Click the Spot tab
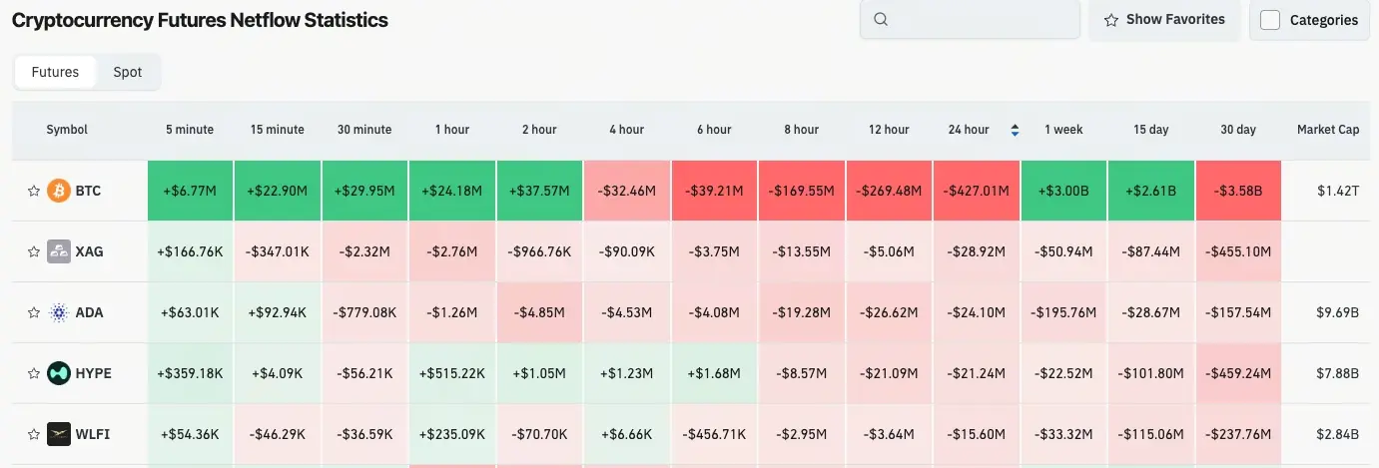click(x=128, y=72)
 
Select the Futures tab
click(x=55, y=72)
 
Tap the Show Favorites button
click(x=1164, y=19)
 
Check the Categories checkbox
click(x=1270, y=20)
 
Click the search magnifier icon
click(x=881, y=19)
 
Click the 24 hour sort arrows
click(x=1016, y=130)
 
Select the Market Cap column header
click(x=1327, y=130)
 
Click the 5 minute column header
click(x=190, y=130)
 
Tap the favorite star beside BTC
click(x=33, y=191)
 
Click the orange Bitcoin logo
click(x=59, y=191)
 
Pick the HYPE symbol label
click(x=93, y=373)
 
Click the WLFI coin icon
click(x=59, y=434)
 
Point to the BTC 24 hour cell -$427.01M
click(x=977, y=191)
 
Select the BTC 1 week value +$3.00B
click(x=1063, y=191)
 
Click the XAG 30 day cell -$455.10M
click(x=1238, y=251)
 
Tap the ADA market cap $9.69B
click(x=1338, y=312)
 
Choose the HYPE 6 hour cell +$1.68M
click(x=714, y=373)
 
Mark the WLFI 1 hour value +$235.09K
click(x=452, y=434)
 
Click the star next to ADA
click(x=33, y=313)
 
